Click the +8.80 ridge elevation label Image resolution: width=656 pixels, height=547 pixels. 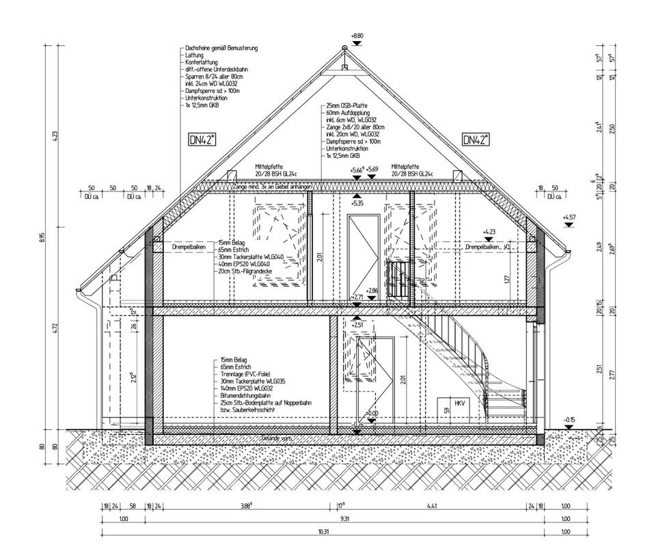click(357, 35)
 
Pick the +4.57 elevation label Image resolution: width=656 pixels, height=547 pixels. click(569, 217)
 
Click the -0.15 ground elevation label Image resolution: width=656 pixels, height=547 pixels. click(569, 419)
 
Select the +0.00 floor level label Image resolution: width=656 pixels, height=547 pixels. click(372, 414)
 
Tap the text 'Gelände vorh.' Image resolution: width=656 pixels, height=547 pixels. click(277, 438)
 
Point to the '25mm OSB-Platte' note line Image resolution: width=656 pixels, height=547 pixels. click(348, 107)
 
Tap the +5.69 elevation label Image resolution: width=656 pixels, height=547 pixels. click(372, 170)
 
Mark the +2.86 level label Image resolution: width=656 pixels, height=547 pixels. click(372, 291)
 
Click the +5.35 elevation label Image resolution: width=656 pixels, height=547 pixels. click(357, 203)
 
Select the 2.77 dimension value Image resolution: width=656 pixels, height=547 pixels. click(612, 374)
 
